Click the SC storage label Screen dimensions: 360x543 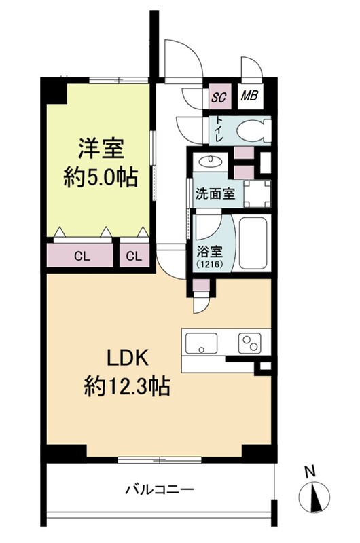pos(219,97)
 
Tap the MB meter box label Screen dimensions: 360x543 pos(249,95)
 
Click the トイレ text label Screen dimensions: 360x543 pos(219,129)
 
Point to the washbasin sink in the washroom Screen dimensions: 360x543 pos(210,161)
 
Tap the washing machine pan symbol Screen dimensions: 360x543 pos(257,193)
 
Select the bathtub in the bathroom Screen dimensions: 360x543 pos(253,242)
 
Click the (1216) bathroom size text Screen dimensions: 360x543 pos(210,264)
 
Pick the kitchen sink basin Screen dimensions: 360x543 pos(201,343)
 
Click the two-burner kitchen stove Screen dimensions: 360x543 pos(250,343)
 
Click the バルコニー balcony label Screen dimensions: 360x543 pos(160,490)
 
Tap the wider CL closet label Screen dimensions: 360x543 pos(82,257)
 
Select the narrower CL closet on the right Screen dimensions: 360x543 pos(134,257)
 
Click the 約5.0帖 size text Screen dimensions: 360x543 pos(101,178)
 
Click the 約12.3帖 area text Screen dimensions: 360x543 pos(127,386)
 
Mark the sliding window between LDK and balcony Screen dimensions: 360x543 pos(160,460)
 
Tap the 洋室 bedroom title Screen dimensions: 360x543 pos(101,149)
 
